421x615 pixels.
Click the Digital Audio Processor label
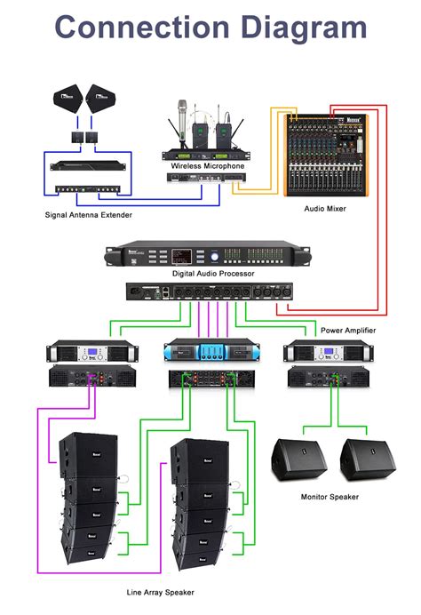click(x=213, y=274)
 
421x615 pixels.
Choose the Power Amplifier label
click(x=347, y=330)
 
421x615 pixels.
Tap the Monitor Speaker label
click(x=330, y=497)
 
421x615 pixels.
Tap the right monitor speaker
click(x=366, y=462)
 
